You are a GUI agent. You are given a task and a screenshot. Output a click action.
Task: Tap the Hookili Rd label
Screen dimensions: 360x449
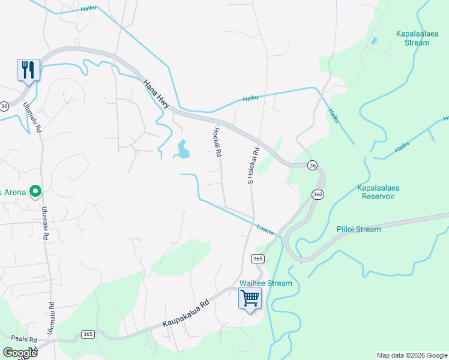(x=217, y=142)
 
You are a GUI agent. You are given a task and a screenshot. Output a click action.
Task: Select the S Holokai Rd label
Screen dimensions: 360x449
(x=253, y=165)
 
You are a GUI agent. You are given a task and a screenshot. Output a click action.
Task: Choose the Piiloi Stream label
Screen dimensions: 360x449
(x=358, y=229)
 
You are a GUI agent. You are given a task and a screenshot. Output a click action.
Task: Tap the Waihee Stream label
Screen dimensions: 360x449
(x=265, y=283)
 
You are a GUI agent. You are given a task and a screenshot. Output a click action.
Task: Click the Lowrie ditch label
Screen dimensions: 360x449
(x=265, y=229)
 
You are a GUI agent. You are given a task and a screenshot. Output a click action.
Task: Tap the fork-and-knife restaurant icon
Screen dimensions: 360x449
(x=28, y=70)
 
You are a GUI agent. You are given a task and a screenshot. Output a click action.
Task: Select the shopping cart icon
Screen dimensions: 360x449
(x=250, y=298)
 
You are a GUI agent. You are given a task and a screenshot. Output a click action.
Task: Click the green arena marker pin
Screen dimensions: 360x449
(x=35, y=192)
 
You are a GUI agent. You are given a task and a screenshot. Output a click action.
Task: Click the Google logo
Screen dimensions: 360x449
(x=20, y=353)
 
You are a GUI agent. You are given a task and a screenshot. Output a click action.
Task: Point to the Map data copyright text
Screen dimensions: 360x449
(x=412, y=355)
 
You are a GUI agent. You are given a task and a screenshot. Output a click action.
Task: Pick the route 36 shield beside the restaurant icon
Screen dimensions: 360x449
(x=4, y=106)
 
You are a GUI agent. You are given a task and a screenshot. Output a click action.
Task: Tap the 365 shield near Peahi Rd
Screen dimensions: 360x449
(x=88, y=334)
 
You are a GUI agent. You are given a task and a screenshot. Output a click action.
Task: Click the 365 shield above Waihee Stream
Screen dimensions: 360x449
(x=258, y=259)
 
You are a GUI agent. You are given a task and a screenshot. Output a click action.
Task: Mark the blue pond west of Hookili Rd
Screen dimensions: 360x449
(x=182, y=149)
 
